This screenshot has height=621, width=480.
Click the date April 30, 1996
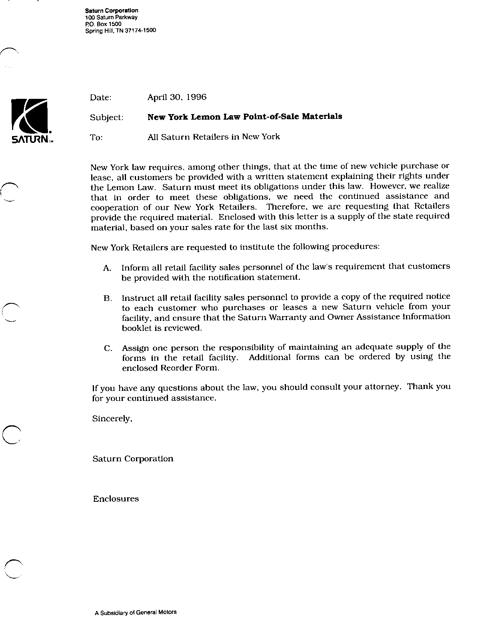[x=177, y=97]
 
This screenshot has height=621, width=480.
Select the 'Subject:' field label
[x=106, y=118]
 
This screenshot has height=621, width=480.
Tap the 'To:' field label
[x=96, y=137]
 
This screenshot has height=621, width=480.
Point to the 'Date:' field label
[x=101, y=97]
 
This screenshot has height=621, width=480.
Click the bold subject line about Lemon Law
[x=244, y=117]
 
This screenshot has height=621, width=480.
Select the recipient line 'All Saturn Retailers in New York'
[x=214, y=137]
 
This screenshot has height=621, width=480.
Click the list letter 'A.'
[x=107, y=268]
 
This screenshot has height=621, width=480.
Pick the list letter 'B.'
[x=107, y=298]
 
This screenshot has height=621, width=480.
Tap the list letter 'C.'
[x=108, y=349]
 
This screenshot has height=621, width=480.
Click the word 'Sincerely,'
[x=112, y=419]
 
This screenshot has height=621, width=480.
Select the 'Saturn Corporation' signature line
[x=133, y=459]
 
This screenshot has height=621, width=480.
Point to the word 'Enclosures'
[x=116, y=499]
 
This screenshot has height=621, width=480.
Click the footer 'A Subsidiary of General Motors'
[x=136, y=612]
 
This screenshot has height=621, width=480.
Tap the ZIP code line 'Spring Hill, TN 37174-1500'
[x=120, y=30]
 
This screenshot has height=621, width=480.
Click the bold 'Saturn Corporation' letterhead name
[x=112, y=11]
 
